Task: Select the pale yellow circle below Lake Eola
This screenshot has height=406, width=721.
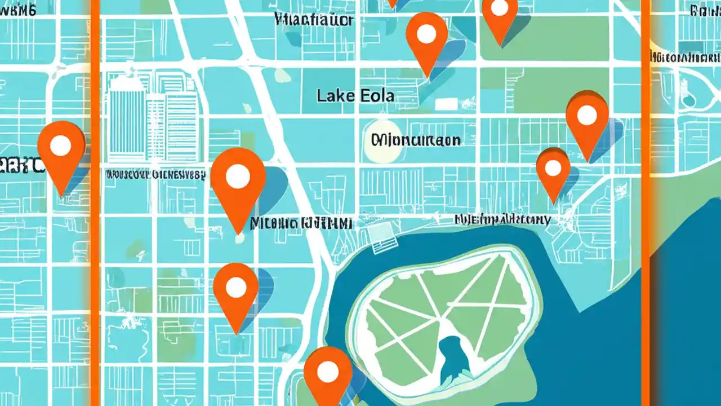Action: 382,140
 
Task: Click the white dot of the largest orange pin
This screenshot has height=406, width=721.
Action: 238,176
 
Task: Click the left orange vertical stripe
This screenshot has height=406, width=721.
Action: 95,203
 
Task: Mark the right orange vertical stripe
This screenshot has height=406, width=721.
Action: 646,203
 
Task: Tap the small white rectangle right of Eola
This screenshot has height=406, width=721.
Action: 446,104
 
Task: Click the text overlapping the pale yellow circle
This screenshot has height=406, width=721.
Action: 416,140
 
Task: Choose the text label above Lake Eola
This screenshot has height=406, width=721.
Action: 313,20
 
